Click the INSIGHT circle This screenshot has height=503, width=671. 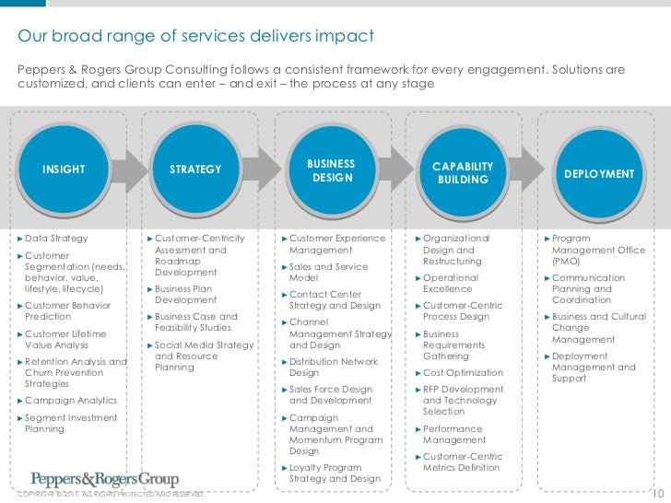64,170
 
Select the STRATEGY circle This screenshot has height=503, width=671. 196,170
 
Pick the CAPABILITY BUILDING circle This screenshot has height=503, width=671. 464,172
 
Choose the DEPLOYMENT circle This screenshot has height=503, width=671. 599,173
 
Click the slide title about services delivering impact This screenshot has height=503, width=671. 196,36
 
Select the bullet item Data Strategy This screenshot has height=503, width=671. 56,239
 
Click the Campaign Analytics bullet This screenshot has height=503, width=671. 71,401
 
